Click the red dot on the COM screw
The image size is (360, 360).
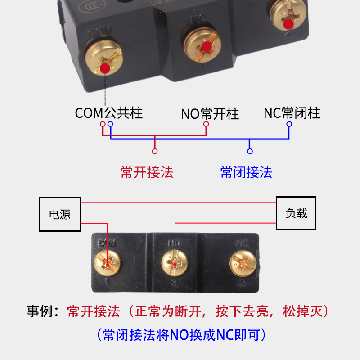pyautogui.click(x=105, y=68)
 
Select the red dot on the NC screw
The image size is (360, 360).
pyautogui.click(x=289, y=23)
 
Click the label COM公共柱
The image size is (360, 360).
pyautogui.click(x=109, y=112)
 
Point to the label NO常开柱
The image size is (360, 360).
pyautogui.click(x=210, y=113)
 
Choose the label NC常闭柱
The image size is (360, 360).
pyautogui.click(x=292, y=112)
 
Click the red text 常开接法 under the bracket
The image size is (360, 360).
pyautogui.click(x=147, y=172)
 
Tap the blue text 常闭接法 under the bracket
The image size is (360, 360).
pyautogui.click(x=246, y=172)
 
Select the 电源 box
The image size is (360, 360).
pyautogui.click(x=60, y=214)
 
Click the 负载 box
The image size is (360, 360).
pyautogui.click(x=296, y=213)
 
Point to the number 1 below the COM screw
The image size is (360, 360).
pyautogui.click(x=107, y=283)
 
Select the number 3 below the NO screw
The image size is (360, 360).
pyautogui.click(x=175, y=283)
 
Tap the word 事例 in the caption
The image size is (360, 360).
pyautogui.click(x=40, y=311)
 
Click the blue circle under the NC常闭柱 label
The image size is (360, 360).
pyautogui.click(x=289, y=124)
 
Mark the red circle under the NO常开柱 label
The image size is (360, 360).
pyautogui.click(x=206, y=124)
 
